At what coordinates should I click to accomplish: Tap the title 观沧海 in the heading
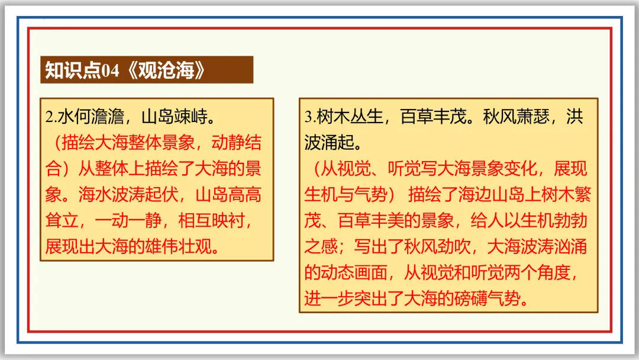tap(166, 70)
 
